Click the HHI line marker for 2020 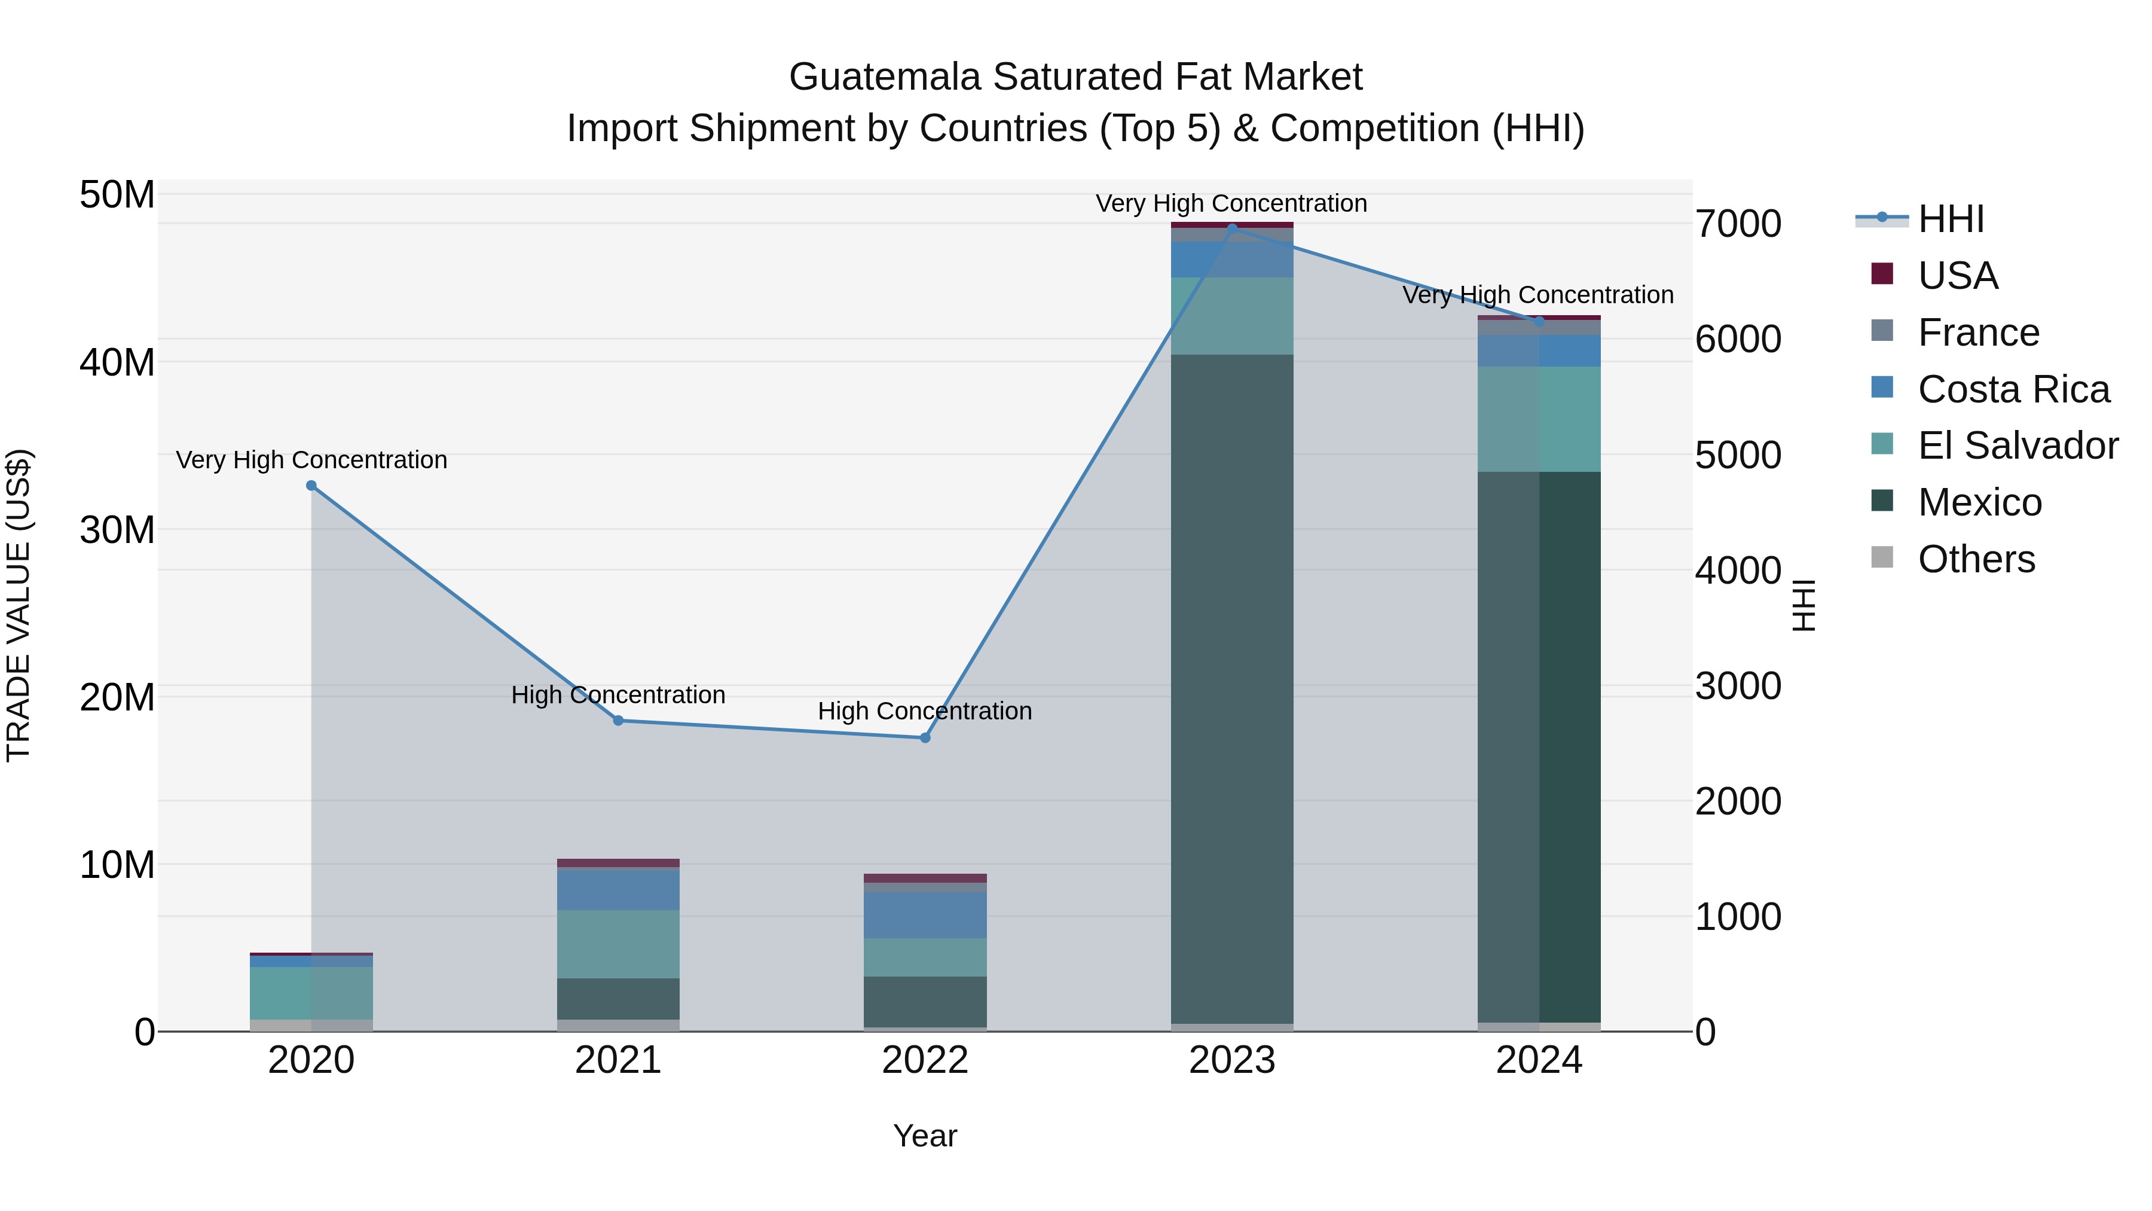[x=311, y=486]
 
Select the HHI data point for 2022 [x=925, y=738]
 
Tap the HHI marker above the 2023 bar [x=1231, y=228]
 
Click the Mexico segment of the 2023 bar [x=1231, y=685]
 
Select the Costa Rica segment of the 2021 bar [x=618, y=890]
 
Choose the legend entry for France [x=1978, y=333]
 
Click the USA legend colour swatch [x=1881, y=273]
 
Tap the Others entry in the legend [x=1976, y=559]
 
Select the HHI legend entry [x=1951, y=219]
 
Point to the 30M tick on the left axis [x=117, y=530]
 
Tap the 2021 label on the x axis [x=618, y=1060]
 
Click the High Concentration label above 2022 [x=925, y=711]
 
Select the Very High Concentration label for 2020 [x=311, y=460]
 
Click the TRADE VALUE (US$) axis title [x=19, y=605]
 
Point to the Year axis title [x=925, y=1136]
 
